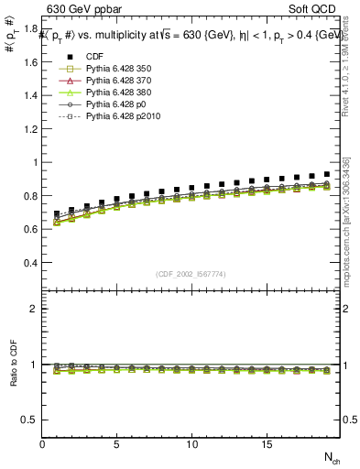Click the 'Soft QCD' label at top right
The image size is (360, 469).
[x=315, y=10]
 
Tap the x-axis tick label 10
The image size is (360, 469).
[x=191, y=444]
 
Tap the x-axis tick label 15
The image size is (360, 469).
[x=266, y=444]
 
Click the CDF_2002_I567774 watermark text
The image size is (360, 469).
[x=191, y=274]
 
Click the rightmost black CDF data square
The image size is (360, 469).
[x=326, y=173]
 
